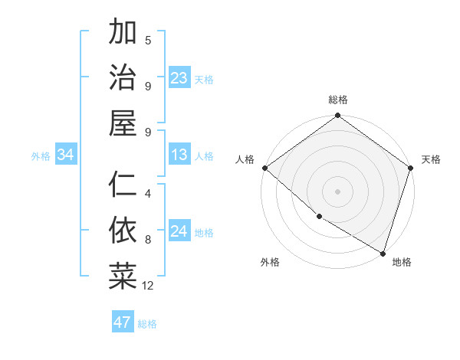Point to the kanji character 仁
click(123, 184)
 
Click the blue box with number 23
click(179, 77)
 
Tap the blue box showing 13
click(179, 155)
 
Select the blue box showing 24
click(179, 232)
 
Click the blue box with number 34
click(66, 155)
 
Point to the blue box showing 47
click(122, 322)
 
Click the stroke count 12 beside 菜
click(148, 286)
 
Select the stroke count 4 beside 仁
click(148, 194)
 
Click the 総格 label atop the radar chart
click(338, 100)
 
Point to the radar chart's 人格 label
click(245, 159)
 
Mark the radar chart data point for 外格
click(319, 217)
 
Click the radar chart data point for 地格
click(383, 253)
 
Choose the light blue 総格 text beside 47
click(147, 324)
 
